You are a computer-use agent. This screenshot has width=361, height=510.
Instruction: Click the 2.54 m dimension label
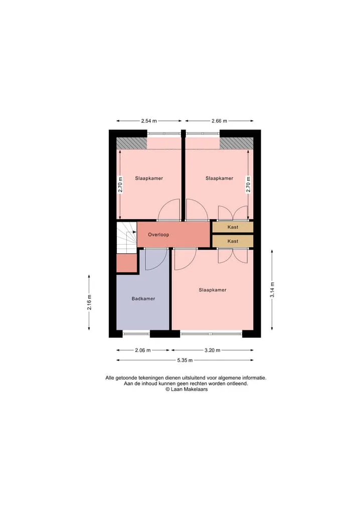(x=149, y=121)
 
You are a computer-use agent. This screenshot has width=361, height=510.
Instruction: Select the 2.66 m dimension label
(x=219, y=121)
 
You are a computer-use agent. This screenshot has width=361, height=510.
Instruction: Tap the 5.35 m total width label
(x=185, y=360)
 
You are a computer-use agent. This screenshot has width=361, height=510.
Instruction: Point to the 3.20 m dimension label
(x=213, y=351)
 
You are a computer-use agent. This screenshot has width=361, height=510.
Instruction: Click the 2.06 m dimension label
(x=143, y=351)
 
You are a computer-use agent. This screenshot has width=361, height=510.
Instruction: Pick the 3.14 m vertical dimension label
(x=272, y=289)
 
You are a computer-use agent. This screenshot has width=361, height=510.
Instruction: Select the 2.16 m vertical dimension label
(x=89, y=302)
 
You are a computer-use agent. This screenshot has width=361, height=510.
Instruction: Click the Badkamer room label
(x=143, y=298)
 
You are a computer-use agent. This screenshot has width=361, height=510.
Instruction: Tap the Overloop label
(x=158, y=235)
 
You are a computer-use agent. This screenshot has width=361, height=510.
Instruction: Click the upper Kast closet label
(x=233, y=227)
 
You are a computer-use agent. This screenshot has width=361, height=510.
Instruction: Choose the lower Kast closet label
(x=233, y=241)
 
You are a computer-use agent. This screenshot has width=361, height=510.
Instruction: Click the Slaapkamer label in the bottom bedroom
(x=213, y=290)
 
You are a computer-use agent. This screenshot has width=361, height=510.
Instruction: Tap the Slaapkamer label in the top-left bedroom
(x=149, y=178)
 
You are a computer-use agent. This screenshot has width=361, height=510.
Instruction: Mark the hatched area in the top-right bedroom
(x=237, y=143)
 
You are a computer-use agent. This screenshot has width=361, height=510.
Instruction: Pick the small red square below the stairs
(x=126, y=263)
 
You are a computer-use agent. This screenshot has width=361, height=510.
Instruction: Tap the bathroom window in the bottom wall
(x=136, y=333)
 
